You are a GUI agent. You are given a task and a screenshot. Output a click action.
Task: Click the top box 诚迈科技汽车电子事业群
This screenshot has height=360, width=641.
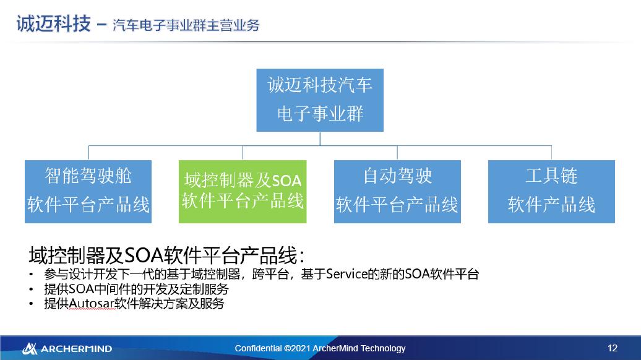[320, 100]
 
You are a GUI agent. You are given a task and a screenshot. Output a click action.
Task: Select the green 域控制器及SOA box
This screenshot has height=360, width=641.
[243, 192]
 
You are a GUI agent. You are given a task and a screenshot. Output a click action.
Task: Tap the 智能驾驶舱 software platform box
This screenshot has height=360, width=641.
[88, 192]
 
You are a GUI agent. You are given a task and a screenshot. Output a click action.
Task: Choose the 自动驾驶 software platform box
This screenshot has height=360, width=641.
[397, 192]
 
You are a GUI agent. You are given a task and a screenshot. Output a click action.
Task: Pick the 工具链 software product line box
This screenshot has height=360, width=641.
[551, 192]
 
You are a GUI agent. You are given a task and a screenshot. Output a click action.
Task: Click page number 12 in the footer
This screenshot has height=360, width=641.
[613, 348]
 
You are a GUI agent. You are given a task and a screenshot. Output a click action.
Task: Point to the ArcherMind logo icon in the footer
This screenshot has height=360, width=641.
[30, 348]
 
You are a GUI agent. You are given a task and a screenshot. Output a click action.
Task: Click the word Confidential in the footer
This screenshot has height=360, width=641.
[258, 348]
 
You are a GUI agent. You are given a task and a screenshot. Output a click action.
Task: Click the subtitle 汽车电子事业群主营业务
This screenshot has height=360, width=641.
[186, 25]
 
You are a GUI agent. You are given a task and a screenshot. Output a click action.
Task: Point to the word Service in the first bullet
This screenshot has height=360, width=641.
[347, 275]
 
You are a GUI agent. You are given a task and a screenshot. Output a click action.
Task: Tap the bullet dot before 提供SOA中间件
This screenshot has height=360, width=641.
[31, 289]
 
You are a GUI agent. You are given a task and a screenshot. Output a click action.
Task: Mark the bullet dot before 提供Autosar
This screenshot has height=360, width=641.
[31, 304]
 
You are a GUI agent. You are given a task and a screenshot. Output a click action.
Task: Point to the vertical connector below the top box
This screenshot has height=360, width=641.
[320, 139]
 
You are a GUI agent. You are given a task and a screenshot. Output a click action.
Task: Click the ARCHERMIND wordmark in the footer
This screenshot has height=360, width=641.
[76, 349]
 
